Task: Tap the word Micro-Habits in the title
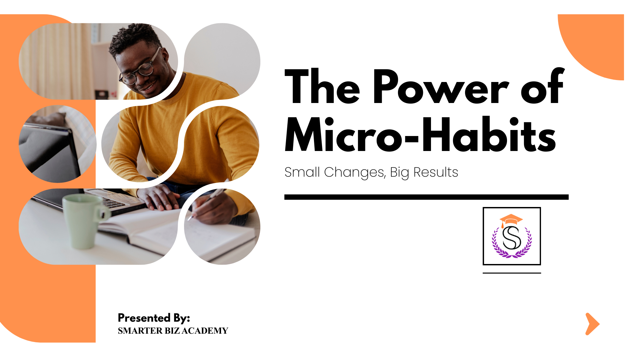[420, 135]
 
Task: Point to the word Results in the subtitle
[436, 172]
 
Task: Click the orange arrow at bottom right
[592, 324]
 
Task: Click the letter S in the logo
[512, 238]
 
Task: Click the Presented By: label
[154, 318]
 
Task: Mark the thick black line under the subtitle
[426, 197]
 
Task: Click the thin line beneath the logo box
[512, 273]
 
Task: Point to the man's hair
[133, 38]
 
